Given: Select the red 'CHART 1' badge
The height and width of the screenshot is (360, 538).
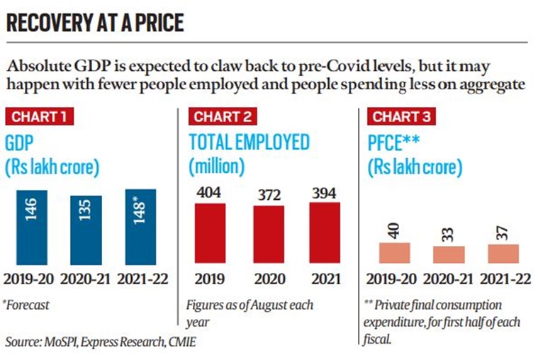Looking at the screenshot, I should [40, 116].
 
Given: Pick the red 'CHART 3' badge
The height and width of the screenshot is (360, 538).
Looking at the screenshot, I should [400, 116].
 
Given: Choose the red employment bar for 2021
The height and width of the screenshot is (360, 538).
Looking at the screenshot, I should [325, 233].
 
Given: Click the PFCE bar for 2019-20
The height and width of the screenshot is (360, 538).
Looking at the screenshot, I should [394, 253].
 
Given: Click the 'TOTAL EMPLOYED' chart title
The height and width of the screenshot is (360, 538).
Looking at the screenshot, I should [249, 142].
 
